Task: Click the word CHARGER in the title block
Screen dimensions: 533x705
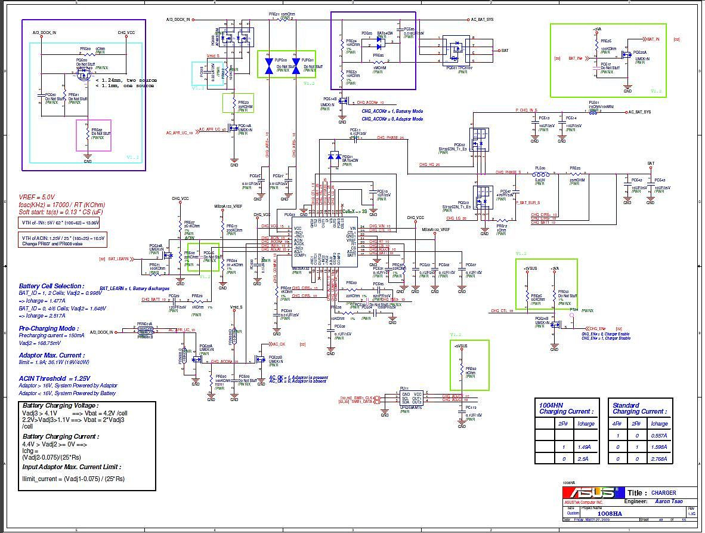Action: [x=663, y=493]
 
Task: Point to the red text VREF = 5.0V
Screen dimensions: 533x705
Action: [x=37, y=197]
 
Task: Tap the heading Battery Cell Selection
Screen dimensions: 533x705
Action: [x=51, y=286]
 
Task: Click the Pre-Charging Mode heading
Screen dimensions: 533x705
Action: [x=48, y=328]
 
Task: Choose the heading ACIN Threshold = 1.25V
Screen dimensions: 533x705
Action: [x=54, y=378]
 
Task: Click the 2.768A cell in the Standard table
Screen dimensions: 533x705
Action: [x=659, y=459]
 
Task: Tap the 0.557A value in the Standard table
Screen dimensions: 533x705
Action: [x=659, y=436]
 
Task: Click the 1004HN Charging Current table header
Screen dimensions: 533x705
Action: [x=566, y=408]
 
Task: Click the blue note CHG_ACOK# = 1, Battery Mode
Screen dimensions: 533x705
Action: [x=392, y=111]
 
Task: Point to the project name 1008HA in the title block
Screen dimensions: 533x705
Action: [x=610, y=513]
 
